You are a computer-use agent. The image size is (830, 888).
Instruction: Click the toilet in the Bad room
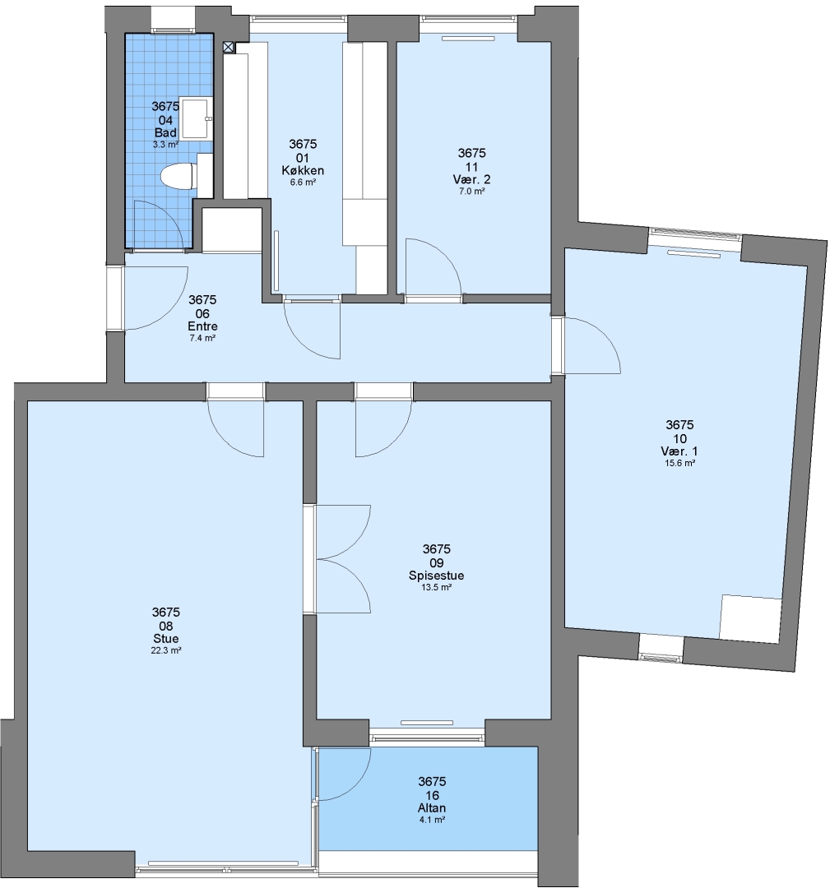tap(178, 176)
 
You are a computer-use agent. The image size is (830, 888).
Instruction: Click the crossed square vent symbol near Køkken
tap(229, 48)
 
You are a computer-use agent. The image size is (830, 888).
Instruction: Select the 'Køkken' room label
tap(303, 170)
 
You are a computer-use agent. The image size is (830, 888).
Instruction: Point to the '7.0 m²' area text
tap(471, 192)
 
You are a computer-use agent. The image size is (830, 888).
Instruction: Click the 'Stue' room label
tap(166, 639)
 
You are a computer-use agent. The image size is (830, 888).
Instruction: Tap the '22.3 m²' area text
tap(166, 650)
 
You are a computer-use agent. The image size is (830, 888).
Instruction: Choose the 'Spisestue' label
tap(436, 576)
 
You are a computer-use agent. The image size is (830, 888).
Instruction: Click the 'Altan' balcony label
tap(432, 808)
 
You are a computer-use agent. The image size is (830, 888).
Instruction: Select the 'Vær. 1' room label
tap(679, 451)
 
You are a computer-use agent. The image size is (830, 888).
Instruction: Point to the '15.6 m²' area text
tap(679, 463)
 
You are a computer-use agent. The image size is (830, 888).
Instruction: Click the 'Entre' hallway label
tap(202, 326)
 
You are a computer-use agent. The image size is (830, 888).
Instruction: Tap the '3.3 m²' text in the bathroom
tap(165, 145)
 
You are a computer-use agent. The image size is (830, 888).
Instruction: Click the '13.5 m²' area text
tap(436, 588)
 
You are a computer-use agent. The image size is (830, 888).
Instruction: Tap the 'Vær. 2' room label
tap(471, 179)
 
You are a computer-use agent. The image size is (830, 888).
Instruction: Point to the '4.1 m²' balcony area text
tap(432, 820)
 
